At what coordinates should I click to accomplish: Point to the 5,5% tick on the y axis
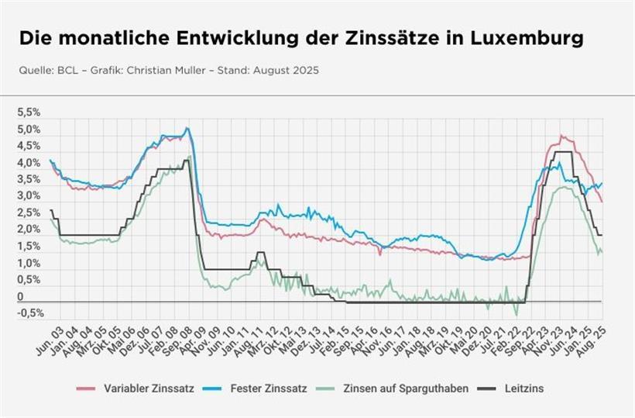coord(29,112)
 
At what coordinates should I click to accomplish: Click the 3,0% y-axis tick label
coord(29,195)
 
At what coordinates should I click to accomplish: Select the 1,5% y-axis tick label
coord(29,246)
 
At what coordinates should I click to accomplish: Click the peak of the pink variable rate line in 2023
coord(562,136)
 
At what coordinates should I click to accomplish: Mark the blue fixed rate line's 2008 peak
coord(187,129)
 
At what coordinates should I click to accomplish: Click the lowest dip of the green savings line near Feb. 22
coord(516,314)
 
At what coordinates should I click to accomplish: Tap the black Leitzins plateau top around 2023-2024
coord(563,152)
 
